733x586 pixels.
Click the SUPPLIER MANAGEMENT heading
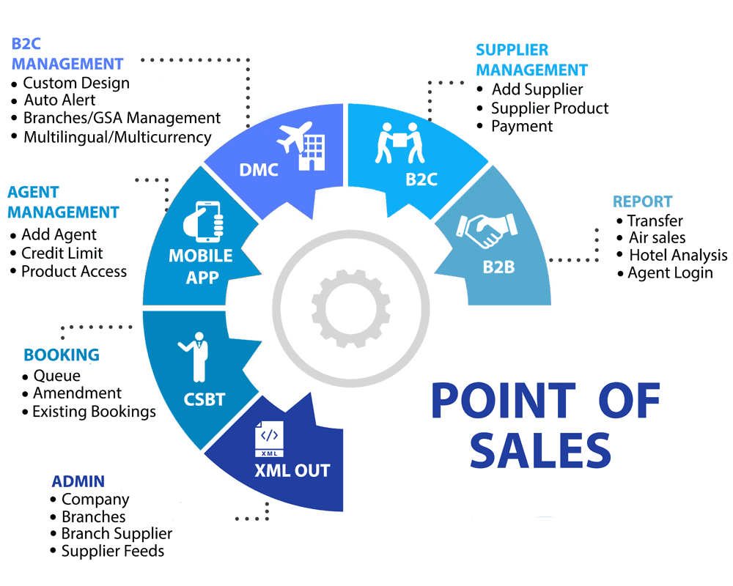(531, 60)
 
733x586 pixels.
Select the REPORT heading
(643, 201)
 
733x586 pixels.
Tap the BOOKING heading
(62, 355)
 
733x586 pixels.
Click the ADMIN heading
(78, 481)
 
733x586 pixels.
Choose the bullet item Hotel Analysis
(678, 255)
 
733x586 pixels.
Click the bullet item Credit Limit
(62, 253)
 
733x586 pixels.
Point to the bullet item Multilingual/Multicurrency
(117, 137)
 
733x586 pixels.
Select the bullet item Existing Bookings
(94, 412)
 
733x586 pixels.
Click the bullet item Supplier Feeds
(113, 551)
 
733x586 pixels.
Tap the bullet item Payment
(522, 126)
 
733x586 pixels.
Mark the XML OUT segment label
(292, 470)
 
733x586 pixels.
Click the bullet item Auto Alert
(59, 100)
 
